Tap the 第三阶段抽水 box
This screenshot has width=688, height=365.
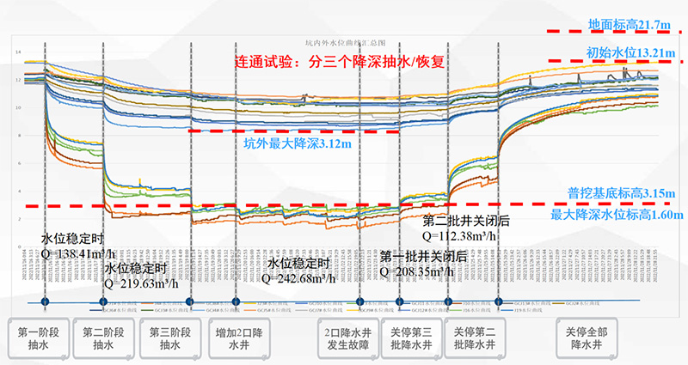(170, 338)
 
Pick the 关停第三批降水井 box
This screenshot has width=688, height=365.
(409, 338)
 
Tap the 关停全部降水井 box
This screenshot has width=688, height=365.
(584, 338)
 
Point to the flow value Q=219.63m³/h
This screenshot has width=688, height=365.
(144, 281)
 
